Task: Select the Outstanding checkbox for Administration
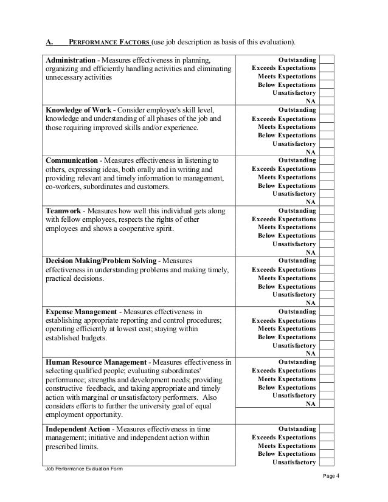tap(327, 60)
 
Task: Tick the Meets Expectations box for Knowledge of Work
tap(327, 127)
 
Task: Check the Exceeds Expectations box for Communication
tap(327, 168)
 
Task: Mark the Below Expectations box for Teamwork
tap(327, 235)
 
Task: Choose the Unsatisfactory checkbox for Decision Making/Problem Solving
tap(327, 294)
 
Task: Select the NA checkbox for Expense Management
tap(327, 352)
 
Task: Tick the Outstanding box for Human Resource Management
tap(327, 361)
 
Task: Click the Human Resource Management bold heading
tap(97, 362)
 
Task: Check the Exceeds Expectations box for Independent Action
tap(327, 437)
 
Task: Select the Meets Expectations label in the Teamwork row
tap(286, 227)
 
